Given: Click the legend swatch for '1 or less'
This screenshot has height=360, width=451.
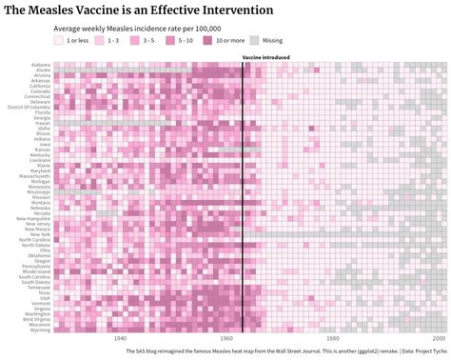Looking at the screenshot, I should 58,41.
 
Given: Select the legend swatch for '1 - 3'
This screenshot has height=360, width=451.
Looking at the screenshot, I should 97,41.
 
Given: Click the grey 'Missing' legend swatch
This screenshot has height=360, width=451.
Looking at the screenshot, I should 255,41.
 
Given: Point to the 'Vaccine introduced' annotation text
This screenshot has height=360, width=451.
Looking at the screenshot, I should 266,58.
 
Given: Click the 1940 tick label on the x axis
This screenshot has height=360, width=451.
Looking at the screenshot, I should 119,338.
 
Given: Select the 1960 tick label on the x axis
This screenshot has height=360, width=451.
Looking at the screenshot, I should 225,338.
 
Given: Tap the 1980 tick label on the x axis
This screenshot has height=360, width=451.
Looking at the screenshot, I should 331,338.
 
